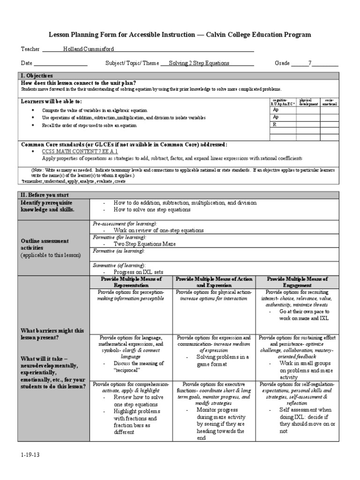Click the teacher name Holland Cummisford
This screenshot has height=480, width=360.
pyautogui.click(x=89, y=49)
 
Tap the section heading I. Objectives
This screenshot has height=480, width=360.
pyautogui.click(x=37, y=75)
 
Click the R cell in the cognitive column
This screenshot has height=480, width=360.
pyautogui.click(x=276, y=125)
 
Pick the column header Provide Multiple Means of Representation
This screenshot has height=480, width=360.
pyautogui.click(x=131, y=282)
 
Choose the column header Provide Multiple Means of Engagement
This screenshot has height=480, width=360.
pyautogui.click(x=297, y=282)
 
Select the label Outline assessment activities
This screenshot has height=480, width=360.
pyautogui.click(x=45, y=244)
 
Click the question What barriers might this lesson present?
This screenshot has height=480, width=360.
pyautogui.click(x=52, y=334)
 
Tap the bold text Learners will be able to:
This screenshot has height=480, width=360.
pyautogui.click(x=51, y=101)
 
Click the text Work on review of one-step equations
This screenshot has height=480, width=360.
pyautogui.click(x=158, y=231)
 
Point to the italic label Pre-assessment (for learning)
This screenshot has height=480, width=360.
pyautogui.click(x=125, y=224)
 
